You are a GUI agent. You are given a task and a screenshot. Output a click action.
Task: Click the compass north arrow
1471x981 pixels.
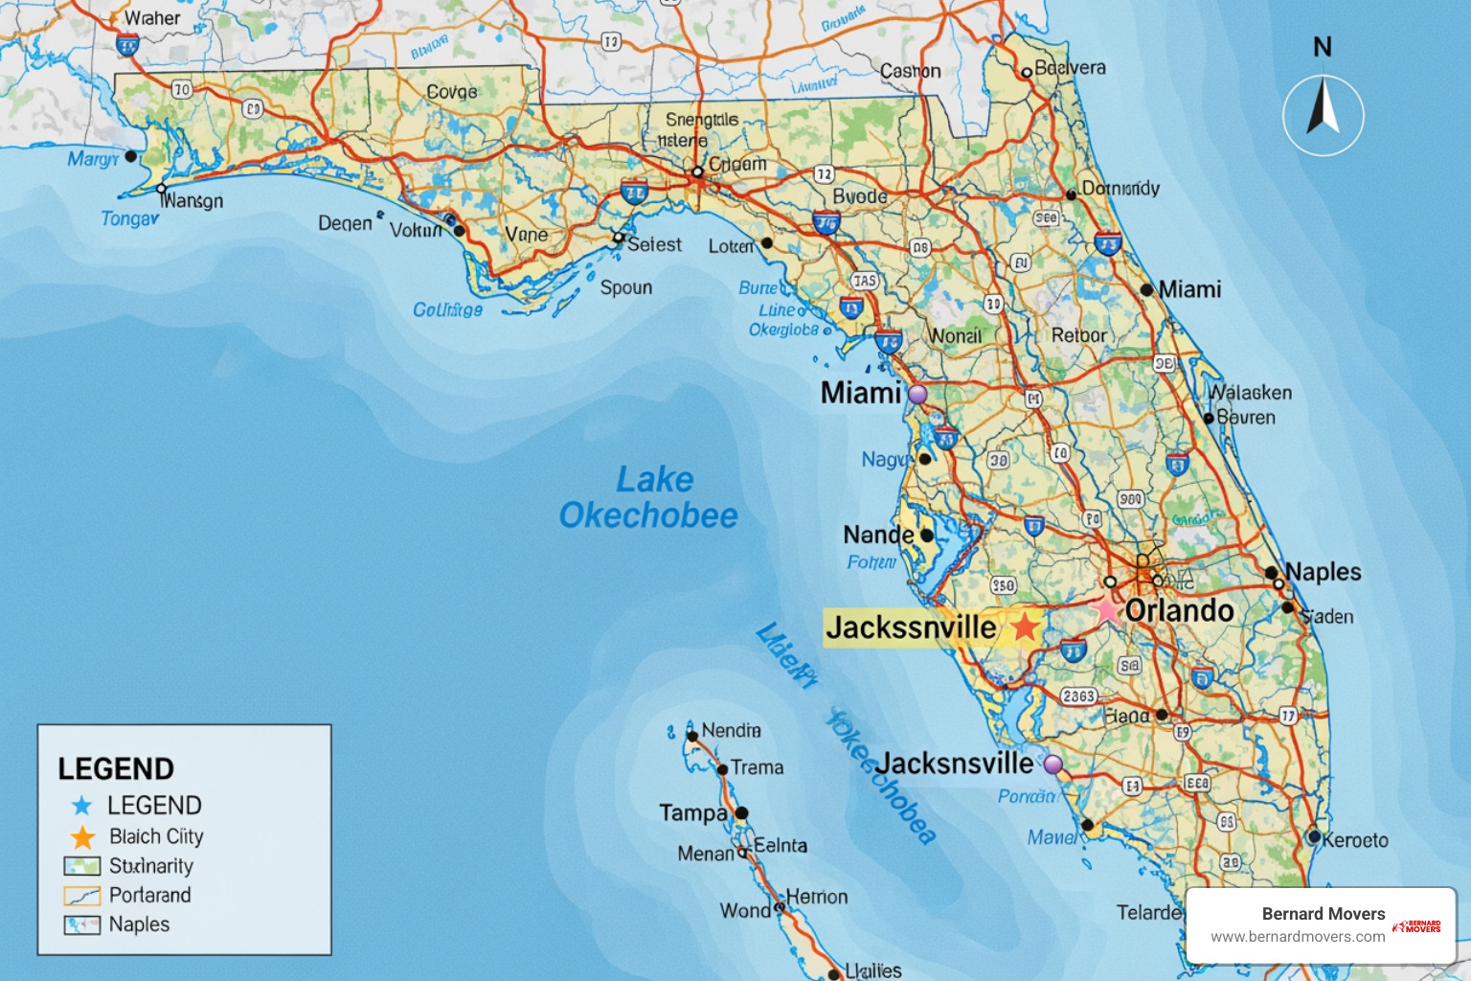(x=1324, y=108)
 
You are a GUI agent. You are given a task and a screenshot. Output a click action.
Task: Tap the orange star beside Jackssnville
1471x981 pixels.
(x=1025, y=627)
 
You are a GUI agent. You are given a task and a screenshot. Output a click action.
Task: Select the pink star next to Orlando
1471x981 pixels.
(x=1107, y=609)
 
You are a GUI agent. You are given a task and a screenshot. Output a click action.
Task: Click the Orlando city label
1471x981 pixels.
(x=1179, y=610)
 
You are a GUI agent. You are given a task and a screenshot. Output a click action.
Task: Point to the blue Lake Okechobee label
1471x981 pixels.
(x=649, y=497)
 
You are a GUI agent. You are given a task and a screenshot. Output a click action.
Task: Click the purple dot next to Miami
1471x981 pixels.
(x=917, y=394)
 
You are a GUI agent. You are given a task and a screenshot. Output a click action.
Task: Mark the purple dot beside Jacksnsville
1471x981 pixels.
(x=1052, y=764)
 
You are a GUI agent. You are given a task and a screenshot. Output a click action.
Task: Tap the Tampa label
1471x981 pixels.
(x=693, y=813)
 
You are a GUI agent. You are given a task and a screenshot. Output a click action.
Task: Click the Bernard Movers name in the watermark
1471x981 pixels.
(x=1323, y=914)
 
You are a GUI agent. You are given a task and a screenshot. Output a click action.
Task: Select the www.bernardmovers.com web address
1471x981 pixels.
(x=1298, y=937)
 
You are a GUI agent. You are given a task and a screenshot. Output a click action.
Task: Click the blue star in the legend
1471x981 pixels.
(x=82, y=806)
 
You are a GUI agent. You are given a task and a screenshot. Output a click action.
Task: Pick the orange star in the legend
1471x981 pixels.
(x=83, y=837)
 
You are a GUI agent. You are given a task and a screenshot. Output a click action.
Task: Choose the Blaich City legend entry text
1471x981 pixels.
(x=156, y=836)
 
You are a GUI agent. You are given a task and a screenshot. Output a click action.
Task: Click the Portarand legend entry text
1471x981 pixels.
(x=149, y=895)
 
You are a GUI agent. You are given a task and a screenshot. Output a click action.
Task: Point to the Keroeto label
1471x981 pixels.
(x=1355, y=840)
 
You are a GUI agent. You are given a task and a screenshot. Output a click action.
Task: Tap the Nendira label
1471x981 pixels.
(x=731, y=730)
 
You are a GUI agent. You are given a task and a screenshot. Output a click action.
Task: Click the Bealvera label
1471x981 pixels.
(x=1070, y=68)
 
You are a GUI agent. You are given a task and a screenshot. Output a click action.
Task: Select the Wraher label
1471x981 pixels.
(x=152, y=18)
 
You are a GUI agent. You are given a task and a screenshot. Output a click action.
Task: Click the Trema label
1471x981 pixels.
(x=757, y=767)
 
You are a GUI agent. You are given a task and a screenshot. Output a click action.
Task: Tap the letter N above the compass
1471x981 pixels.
(x=1323, y=46)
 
